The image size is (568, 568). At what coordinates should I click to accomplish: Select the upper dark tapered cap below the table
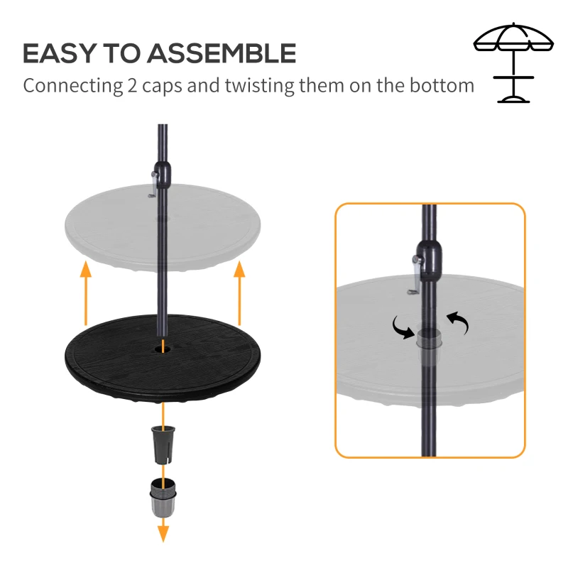point(163,444)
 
